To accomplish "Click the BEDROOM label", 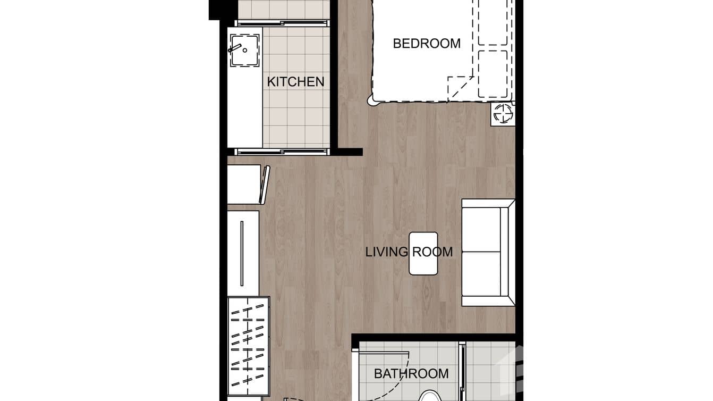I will point(427,44).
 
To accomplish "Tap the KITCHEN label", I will point(295,82).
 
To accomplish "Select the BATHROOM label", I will point(411,374).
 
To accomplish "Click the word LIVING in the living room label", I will point(386,252).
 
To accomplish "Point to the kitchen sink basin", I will point(244,49).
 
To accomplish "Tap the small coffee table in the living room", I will point(423,253).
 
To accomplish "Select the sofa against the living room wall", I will point(488,253).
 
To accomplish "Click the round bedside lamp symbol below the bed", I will point(503,113).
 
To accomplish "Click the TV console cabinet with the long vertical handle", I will point(243,253).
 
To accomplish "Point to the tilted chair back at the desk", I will point(265,185).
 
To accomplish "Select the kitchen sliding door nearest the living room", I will point(282,152).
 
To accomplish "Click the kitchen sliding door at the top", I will point(282,23).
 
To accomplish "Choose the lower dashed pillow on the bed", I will point(493,73).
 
